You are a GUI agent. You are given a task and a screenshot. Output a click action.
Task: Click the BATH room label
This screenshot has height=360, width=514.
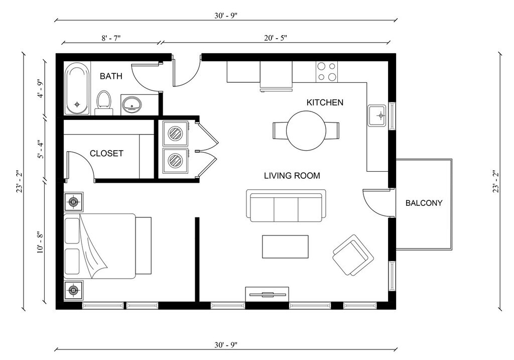(x=111, y=76)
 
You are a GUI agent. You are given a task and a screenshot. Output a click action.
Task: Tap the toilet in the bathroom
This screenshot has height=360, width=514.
(x=104, y=102)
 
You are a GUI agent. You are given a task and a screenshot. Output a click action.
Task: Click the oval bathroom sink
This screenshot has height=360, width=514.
(x=132, y=104)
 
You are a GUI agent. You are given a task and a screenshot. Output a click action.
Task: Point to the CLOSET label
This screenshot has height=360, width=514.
(x=106, y=153)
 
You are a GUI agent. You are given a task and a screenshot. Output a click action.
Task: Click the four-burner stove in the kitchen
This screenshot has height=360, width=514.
(x=327, y=72)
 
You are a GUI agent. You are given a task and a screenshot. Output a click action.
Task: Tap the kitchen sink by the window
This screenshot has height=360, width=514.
(x=377, y=115)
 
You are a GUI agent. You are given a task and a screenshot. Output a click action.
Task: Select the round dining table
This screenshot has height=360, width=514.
(x=306, y=131)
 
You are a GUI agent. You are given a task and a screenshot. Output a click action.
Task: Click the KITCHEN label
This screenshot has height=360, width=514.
(x=325, y=102)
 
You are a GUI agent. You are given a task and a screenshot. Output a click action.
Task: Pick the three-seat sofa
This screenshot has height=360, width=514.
(x=286, y=205)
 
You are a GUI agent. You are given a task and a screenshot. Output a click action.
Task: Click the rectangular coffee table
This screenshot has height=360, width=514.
(x=285, y=247)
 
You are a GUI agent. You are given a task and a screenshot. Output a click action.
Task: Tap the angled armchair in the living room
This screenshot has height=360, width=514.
(x=353, y=255)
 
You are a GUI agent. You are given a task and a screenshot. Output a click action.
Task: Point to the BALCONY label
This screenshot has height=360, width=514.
(x=424, y=203)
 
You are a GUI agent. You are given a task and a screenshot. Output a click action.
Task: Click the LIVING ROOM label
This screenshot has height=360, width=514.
(x=292, y=176)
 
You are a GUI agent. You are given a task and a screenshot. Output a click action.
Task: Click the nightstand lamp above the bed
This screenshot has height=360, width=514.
(x=73, y=202)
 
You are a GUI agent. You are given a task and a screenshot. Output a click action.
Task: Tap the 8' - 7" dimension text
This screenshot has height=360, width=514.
(x=111, y=38)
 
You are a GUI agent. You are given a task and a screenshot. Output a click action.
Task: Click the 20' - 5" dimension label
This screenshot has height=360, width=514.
(x=276, y=38)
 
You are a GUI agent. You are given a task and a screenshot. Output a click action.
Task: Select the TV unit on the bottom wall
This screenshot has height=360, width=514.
(x=267, y=294)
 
